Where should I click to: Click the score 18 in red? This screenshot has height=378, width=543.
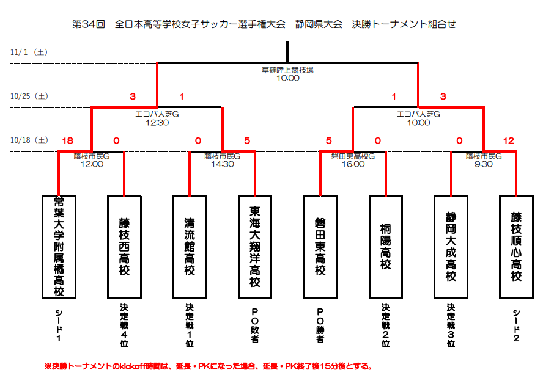click(x=67, y=140)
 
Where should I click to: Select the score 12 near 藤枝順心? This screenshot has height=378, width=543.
click(x=508, y=140)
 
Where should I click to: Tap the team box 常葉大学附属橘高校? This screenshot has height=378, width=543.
click(x=59, y=247)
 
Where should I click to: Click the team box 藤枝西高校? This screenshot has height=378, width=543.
click(x=124, y=247)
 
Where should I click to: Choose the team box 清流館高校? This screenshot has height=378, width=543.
click(x=190, y=247)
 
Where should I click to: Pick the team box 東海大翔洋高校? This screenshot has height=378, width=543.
click(x=255, y=247)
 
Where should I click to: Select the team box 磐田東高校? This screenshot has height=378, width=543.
click(x=320, y=247)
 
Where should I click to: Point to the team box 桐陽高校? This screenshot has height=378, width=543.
click(x=386, y=247)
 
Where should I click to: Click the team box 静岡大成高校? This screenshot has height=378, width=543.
click(x=451, y=247)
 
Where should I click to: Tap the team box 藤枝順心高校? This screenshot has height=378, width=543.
click(x=516, y=247)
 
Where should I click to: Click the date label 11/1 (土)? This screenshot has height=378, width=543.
click(x=29, y=53)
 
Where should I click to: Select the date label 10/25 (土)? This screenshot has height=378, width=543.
click(x=29, y=96)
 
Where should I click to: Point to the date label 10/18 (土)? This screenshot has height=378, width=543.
click(x=29, y=140)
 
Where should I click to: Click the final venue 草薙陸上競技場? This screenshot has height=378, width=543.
click(x=287, y=70)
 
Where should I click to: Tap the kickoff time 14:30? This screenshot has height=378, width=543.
click(x=223, y=164)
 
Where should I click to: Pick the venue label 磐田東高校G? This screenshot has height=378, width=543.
click(x=353, y=156)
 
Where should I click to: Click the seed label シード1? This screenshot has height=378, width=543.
click(x=59, y=325)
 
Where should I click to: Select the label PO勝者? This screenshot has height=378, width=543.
click(x=320, y=325)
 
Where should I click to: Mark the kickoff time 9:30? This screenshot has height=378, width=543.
click(x=484, y=164)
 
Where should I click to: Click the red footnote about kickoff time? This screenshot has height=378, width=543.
click(x=209, y=366)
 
